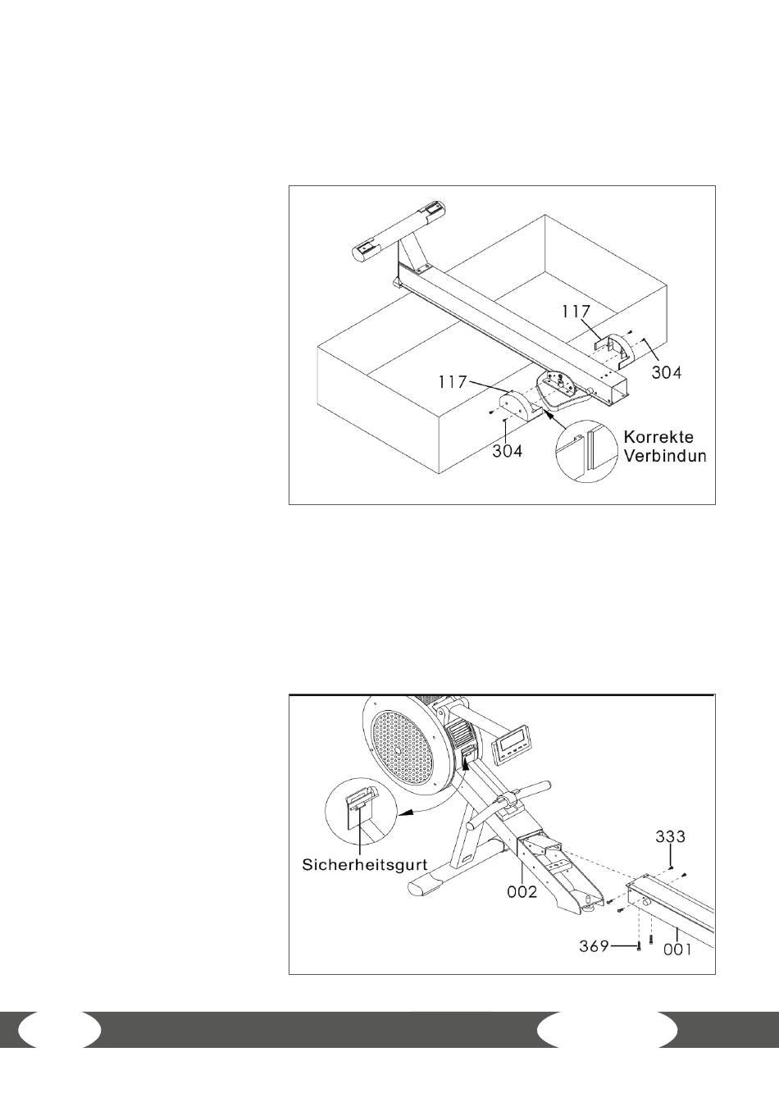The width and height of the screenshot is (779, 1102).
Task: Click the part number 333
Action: coord(670,837)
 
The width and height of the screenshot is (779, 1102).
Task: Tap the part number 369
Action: coord(594,946)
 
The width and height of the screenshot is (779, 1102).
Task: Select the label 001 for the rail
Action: coord(677,949)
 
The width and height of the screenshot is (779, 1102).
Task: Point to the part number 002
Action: coord(522,891)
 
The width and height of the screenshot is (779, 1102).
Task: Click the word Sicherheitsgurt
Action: coord(365,864)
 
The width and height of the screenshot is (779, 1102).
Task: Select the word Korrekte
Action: coord(658,437)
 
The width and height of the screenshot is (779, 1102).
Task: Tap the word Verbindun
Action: coord(665,456)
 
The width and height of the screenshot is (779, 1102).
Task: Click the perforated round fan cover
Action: coord(402,749)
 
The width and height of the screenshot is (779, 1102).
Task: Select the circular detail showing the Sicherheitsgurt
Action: coord(361,813)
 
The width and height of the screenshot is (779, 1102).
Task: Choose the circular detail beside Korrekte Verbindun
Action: coord(586,451)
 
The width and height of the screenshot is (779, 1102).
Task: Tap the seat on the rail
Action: coord(563,390)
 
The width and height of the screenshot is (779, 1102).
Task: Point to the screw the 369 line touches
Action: coord(639,947)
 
